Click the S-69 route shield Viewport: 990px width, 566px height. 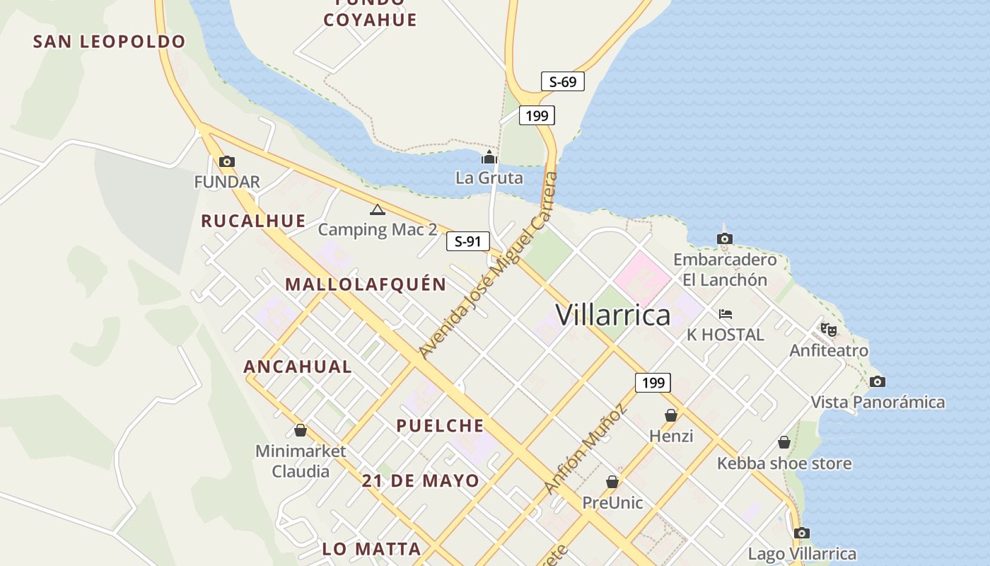tap(563, 81)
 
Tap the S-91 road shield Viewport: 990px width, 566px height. tap(467, 241)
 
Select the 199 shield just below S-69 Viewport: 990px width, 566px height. tap(537, 115)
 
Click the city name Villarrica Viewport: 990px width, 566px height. tap(612, 315)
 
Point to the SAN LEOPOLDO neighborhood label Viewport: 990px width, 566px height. tap(109, 42)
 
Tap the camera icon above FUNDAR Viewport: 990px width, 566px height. tap(227, 162)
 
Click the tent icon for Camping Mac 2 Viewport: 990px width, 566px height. tap(377, 209)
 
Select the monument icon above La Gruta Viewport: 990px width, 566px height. tap(489, 157)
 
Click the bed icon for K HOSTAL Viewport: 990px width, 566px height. tap(725, 314)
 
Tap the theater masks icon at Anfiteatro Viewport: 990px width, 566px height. tap(828, 329)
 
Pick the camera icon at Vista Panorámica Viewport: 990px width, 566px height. tap(877, 382)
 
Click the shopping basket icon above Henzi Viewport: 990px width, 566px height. tap(670, 415)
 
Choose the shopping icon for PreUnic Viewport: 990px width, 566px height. tap(612, 482)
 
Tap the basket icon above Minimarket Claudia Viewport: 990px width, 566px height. tap(301, 430)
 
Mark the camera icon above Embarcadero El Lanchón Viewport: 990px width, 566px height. tap(724, 239)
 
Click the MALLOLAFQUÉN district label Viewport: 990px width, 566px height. tap(366, 284)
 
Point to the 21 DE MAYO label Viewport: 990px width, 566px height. tap(420, 481)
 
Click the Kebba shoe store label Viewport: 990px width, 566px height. tap(784, 463)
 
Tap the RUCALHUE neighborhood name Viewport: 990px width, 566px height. tap(253, 221)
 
